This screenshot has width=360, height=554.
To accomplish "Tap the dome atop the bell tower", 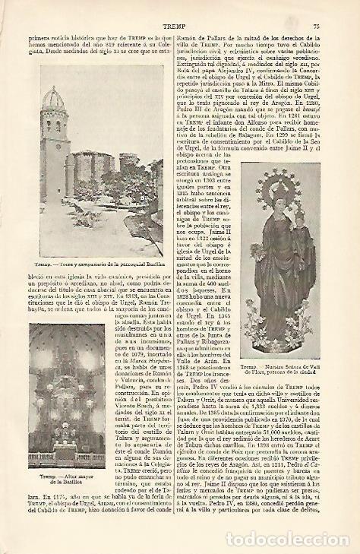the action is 54,102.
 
